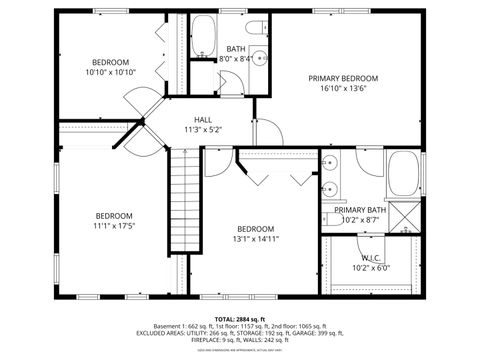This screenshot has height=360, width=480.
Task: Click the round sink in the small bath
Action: pos(258,58)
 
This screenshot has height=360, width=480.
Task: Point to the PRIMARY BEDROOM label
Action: pos(343,78)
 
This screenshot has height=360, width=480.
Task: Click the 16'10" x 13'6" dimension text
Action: pos(343,88)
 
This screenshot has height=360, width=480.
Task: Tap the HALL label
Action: pos(203,119)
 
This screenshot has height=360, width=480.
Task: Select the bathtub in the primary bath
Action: pos(403,174)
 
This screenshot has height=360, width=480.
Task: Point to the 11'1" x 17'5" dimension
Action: pos(114,226)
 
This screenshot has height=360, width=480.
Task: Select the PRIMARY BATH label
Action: pos(361,210)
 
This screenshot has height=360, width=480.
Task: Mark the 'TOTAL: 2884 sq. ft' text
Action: pos(240,316)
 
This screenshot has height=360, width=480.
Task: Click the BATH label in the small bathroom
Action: pos(235,48)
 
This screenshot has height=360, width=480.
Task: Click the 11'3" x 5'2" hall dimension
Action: pos(203,129)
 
